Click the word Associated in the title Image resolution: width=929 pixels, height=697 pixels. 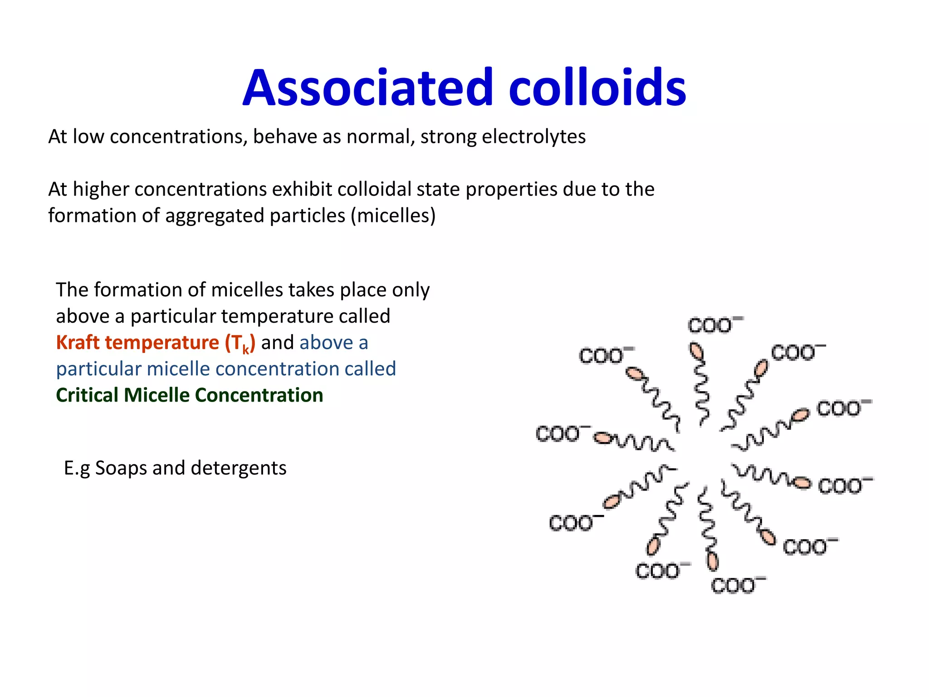[x=367, y=87]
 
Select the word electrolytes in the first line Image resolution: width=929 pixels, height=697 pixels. [x=533, y=137]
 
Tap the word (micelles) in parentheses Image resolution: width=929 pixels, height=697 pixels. [x=393, y=216]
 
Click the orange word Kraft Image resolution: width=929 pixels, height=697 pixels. [x=78, y=343]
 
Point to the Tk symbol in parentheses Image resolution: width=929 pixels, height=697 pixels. [x=240, y=344]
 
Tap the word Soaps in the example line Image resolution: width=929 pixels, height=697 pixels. [x=121, y=468]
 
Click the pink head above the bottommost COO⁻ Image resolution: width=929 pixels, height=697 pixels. [x=713, y=561]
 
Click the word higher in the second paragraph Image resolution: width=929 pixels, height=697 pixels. [x=101, y=189]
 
